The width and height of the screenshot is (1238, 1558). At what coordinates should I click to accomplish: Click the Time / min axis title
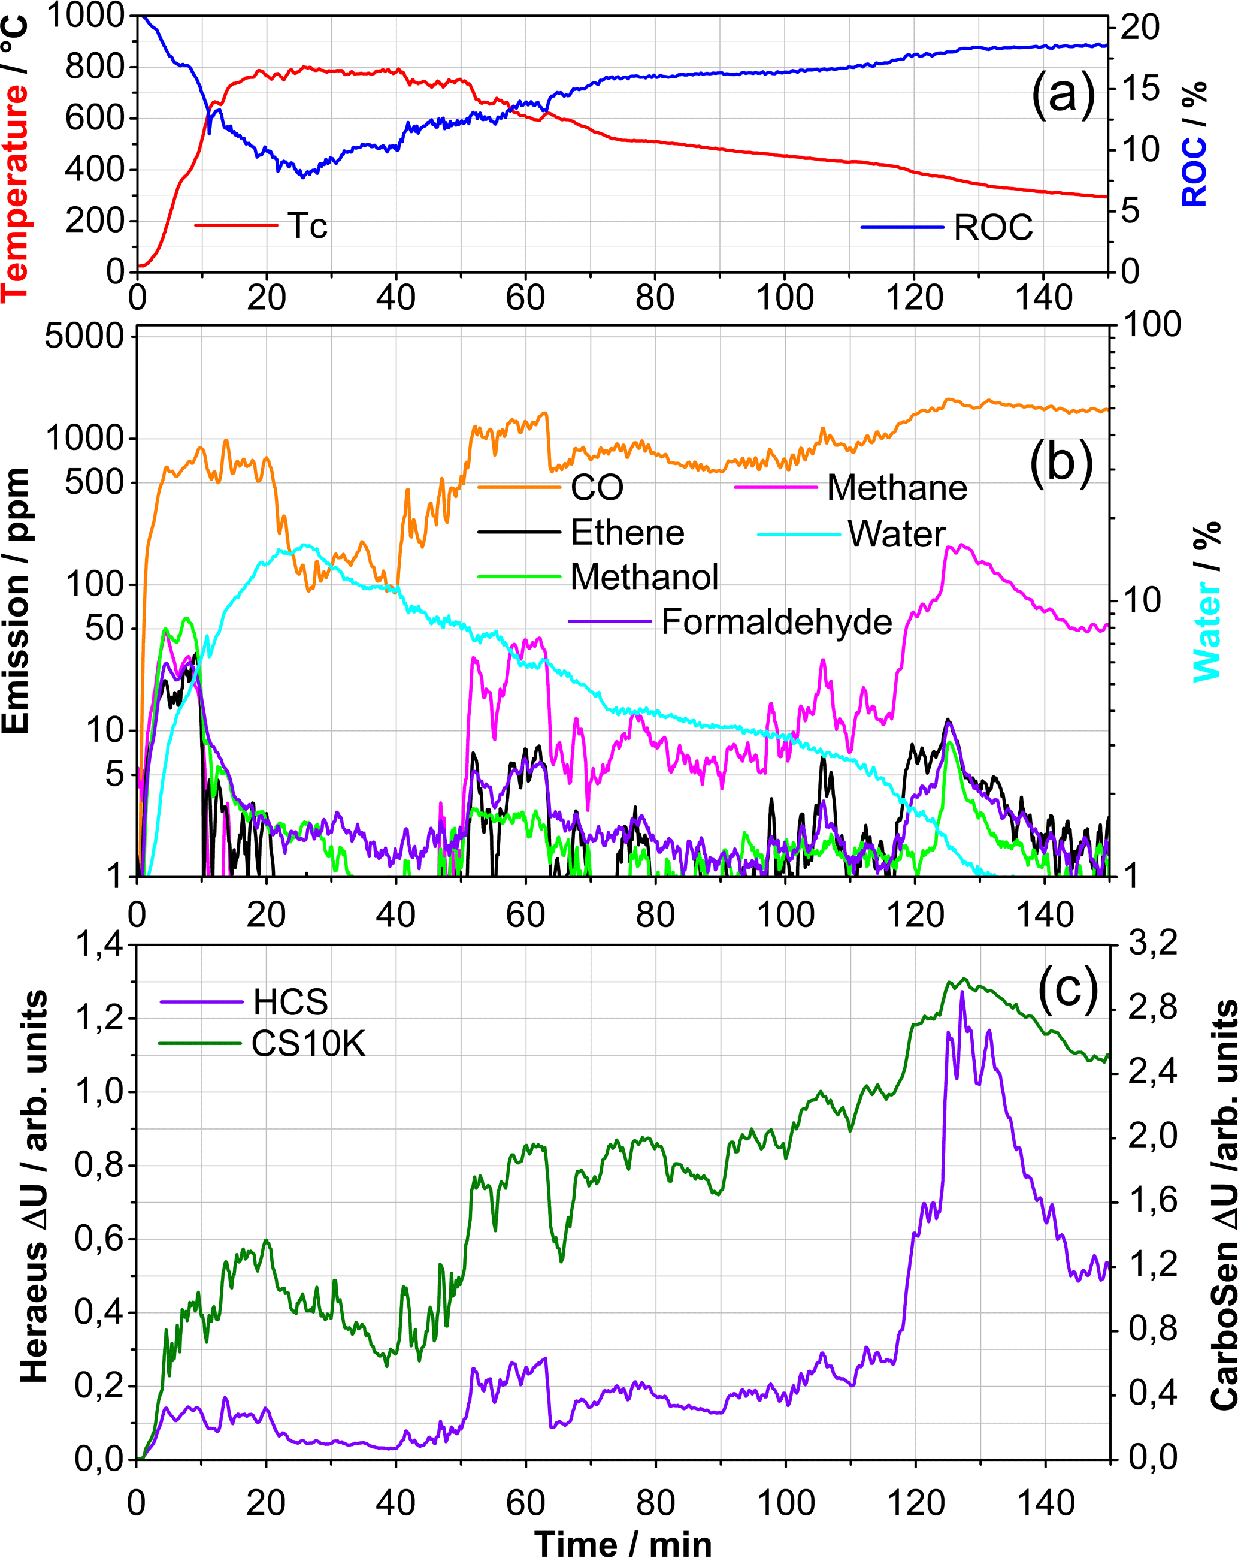click(x=623, y=1543)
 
